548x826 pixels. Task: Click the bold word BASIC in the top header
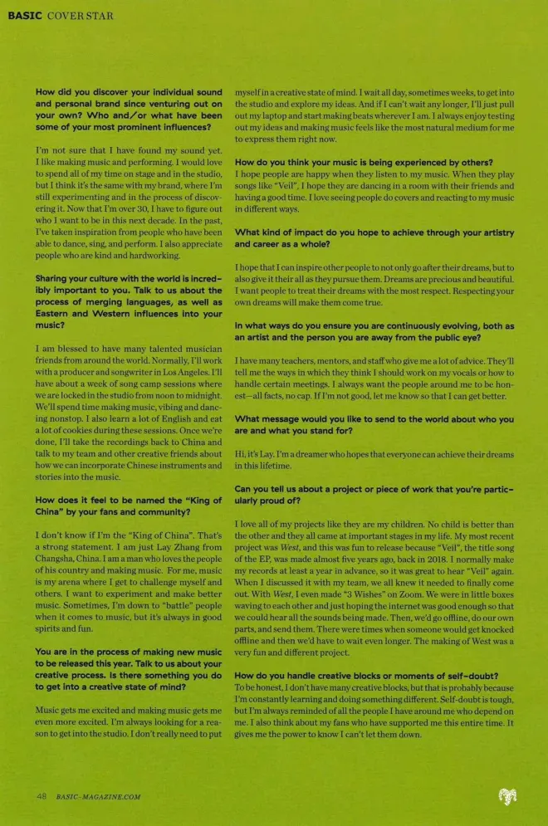coord(23,16)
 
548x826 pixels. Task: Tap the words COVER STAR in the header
coord(81,16)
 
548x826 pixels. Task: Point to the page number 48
coord(42,796)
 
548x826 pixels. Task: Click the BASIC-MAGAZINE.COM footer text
coord(99,797)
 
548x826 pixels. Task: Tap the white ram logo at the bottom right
coord(506,797)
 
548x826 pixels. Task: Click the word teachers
coord(292,362)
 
